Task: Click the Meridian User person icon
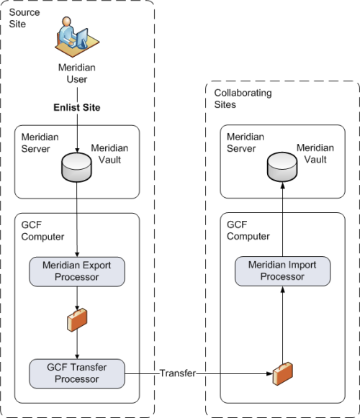(x=77, y=37)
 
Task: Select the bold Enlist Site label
(x=77, y=107)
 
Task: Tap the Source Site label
(x=24, y=18)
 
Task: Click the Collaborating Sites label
(x=243, y=99)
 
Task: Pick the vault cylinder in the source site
(x=76, y=168)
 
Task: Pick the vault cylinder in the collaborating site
(x=282, y=167)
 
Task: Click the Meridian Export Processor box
(x=77, y=272)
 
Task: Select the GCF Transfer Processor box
(x=77, y=373)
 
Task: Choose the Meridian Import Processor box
(x=283, y=271)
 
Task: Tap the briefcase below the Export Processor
(x=77, y=320)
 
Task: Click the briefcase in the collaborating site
(x=283, y=373)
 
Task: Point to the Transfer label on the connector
(x=178, y=373)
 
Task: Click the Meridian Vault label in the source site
(x=109, y=154)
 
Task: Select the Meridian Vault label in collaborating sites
(x=315, y=153)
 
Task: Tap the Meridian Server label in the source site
(x=40, y=143)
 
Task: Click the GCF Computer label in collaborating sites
(x=248, y=230)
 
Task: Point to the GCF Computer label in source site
(x=42, y=231)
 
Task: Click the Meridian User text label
(x=77, y=73)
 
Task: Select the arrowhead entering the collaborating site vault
(x=283, y=186)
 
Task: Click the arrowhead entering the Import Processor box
(x=283, y=289)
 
